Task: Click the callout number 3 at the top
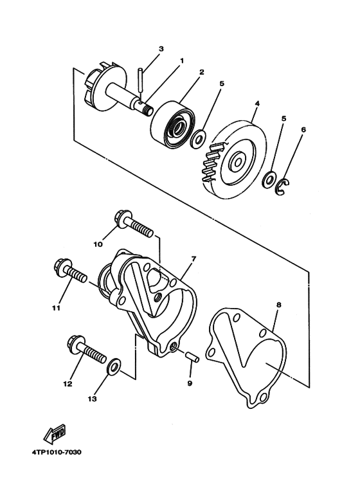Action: pyautogui.click(x=161, y=49)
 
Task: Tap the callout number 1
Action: pyautogui.click(x=182, y=60)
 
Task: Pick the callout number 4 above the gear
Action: pyautogui.click(x=257, y=104)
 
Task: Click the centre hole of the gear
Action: pyautogui.click(x=237, y=162)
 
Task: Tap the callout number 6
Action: pyautogui.click(x=303, y=130)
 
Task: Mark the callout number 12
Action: pyautogui.click(x=68, y=384)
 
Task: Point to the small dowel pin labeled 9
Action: pyautogui.click(x=192, y=357)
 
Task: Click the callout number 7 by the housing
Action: pyautogui.click(x=193, y=259)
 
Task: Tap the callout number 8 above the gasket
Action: pyautogui.click(x=278, y=305)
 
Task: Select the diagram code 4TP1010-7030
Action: pyautogui.click(x=57, y=452)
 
